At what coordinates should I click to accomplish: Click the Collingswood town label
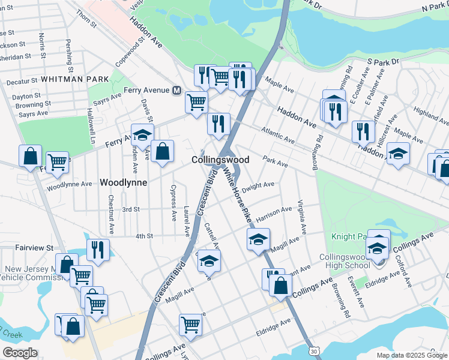(x=220, y=160)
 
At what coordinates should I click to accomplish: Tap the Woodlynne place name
(x=124, y=182)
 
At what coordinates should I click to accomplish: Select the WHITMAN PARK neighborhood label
(x=75, y=79)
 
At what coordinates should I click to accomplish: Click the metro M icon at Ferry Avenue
(x=176, y=91)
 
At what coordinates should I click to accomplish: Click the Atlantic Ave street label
(x=277, y=136)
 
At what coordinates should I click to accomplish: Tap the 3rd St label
(x=131, y=209)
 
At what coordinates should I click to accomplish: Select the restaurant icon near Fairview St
(x=97, y=250)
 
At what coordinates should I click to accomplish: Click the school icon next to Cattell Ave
(x=209, y=260)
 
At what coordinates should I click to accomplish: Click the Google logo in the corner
(x=20, y=352)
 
